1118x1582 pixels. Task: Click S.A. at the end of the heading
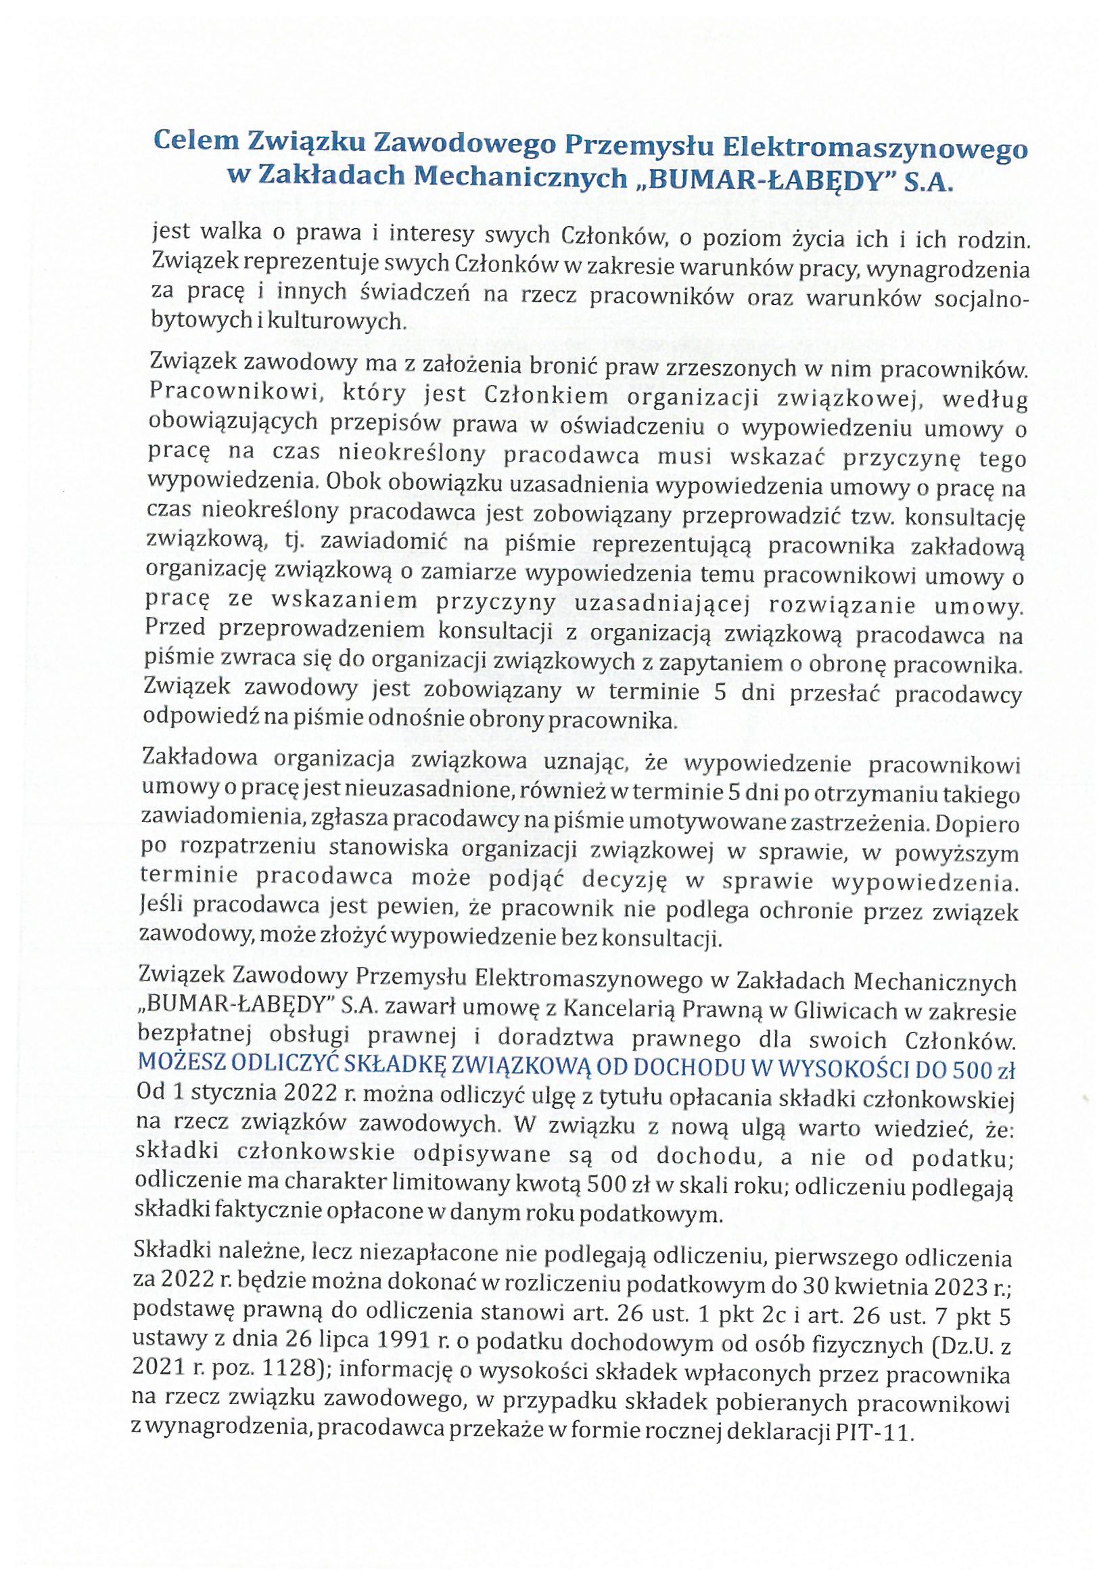[931, 181]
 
